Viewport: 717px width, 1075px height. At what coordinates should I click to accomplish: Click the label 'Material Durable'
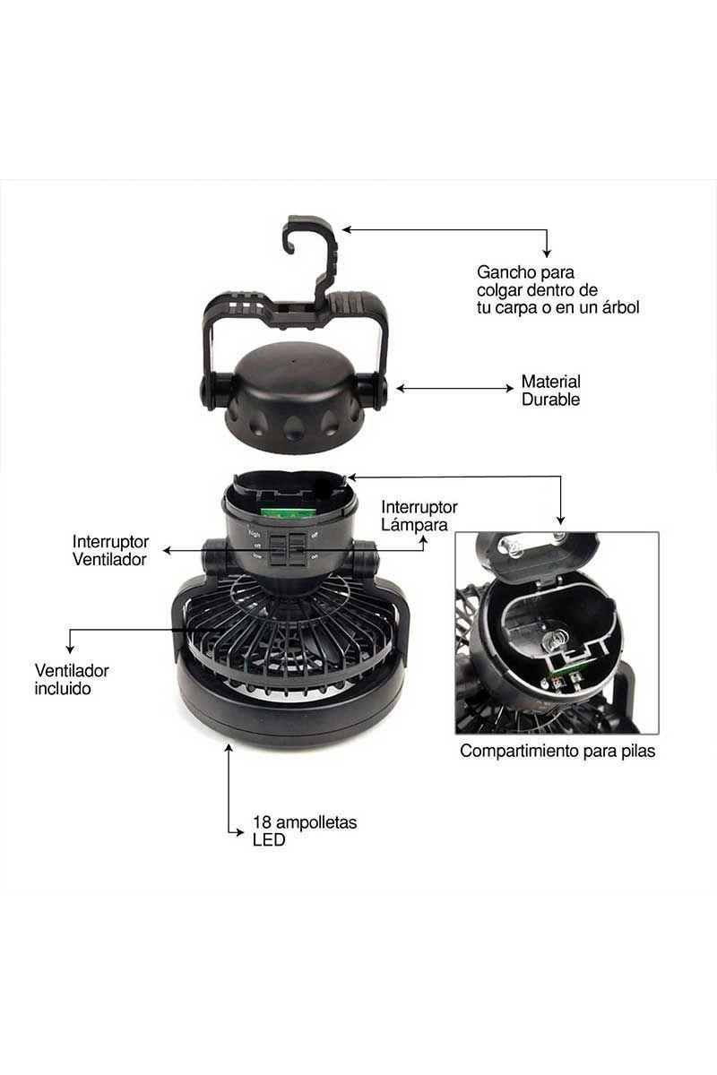click(550, 391)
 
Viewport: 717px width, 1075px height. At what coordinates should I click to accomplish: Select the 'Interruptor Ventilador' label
click(110, 551)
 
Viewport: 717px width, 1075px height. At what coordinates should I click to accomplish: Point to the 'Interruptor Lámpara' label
click(419, 516)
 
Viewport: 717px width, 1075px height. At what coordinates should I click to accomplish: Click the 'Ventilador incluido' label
click(72, 679)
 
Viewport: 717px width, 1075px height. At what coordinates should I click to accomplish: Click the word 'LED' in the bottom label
click(269, 840)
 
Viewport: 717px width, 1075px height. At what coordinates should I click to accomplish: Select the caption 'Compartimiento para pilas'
click(557, 751)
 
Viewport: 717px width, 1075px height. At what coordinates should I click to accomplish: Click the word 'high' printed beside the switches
click(255, 533)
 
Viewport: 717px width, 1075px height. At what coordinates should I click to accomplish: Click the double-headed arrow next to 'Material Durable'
click(454, 389)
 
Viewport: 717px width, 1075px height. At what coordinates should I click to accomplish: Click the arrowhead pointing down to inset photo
click(561, 519)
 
